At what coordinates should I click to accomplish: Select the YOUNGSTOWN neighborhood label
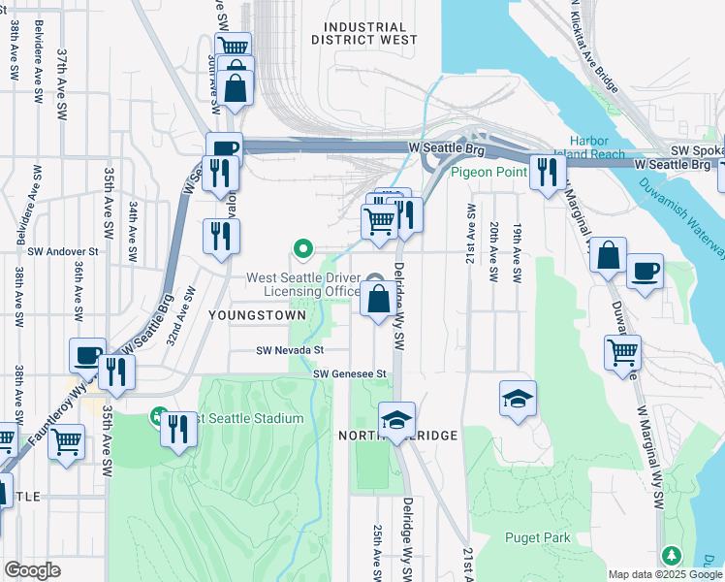pos(256,315)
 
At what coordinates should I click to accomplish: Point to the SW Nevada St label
pos(289,350)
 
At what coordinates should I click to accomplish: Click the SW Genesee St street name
pos(350,373)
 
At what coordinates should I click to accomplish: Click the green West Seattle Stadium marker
pos(156,418)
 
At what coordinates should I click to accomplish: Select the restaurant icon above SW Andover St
pos(221,235)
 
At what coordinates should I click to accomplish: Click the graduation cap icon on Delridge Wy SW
pos(396,419)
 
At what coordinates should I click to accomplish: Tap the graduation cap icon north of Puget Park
pos(518,398)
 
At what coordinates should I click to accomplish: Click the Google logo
pos(32,570)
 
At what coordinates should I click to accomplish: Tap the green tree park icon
pos(671,555)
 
